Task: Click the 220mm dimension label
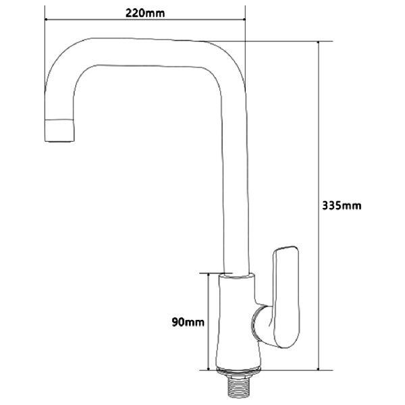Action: [146, 11]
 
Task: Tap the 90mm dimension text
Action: [187, 323]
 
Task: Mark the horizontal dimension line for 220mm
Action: [145, 20]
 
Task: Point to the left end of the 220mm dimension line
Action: [45, 20]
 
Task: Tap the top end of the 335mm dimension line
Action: [318, 42]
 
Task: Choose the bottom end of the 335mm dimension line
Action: [318, 370]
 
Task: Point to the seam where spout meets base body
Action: [238, 275]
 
